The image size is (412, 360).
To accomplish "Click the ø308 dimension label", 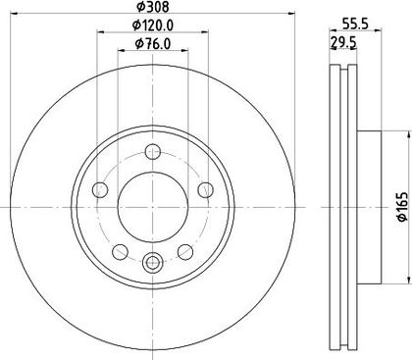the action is (x=153, y=7).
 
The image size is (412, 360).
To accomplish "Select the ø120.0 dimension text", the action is (x=153, y=25).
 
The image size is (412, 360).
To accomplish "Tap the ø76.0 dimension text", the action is (x=153, y=43).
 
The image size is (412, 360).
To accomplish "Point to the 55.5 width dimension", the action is (x=355, y=24).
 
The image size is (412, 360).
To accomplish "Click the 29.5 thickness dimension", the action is (x=343, y=42).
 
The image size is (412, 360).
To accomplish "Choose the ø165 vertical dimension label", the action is (x=403, y=207).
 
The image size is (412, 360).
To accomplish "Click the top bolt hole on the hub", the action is (x=153, y=152).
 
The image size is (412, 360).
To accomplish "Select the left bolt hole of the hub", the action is (x=100, y=190).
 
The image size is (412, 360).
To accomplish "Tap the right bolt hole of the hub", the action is (x=206, y=190).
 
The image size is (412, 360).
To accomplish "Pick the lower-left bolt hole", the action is (x=120, y=252).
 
